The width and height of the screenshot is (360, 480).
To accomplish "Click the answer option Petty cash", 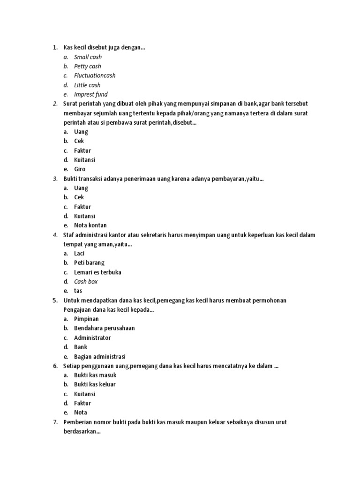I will point(87,66).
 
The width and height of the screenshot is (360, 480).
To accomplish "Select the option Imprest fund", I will point(90,94).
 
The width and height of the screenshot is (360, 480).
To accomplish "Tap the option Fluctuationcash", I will point(94,75).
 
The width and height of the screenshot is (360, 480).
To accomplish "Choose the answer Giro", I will point(80,169).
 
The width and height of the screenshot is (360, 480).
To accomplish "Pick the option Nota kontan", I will point(90,225).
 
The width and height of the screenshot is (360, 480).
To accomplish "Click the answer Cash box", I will point(86,282).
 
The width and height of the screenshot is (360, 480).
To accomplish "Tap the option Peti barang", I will point(89,263).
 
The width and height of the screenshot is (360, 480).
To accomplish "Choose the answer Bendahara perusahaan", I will point(104,328).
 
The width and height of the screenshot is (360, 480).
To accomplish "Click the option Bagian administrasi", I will point(99,356).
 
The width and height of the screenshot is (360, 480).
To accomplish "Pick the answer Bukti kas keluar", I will point(95,384).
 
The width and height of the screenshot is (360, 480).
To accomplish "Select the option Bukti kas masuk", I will point(95,375).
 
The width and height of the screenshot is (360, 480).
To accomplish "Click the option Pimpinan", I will point(86,319).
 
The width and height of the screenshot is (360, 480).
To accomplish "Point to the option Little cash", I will point(87,85).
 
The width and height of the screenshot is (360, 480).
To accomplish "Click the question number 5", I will point(55,300).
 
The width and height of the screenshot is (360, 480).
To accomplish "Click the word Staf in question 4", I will point(69,235).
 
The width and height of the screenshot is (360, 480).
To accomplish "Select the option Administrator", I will point(92,337).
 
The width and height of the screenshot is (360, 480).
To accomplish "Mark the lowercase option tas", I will point(78,291).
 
